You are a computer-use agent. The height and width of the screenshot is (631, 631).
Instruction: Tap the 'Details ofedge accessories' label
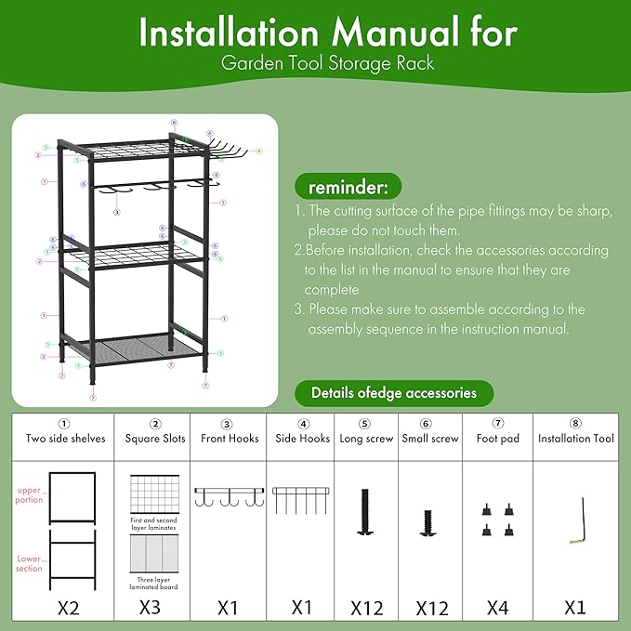click(394, 392)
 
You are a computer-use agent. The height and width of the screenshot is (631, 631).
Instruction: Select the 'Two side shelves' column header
click(65, 438)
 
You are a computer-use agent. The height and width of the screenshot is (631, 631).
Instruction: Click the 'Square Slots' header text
click(155, 438)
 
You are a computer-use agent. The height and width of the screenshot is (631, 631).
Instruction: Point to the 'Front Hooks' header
click(229, 438)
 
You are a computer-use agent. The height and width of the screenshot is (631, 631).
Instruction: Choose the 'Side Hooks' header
click(302, 438)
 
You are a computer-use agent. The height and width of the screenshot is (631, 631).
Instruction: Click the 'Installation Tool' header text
click(576, 438)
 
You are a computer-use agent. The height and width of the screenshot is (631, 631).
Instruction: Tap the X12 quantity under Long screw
click(367, 608)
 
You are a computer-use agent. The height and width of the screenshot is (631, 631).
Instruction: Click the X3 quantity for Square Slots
click(155, 608)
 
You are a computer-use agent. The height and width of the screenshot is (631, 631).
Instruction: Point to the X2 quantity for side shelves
click(65, 608)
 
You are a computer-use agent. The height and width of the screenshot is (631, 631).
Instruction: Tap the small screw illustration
click(428, 521)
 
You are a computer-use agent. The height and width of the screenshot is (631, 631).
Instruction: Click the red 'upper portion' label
click(30, 493)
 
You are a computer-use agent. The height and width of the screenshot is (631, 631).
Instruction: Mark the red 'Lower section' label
click(29, 563)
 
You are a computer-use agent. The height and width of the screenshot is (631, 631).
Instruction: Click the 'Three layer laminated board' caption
click(155, 582)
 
